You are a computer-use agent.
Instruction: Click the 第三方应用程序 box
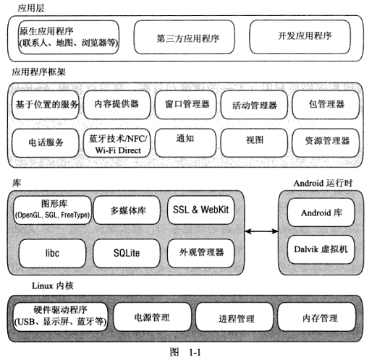184,37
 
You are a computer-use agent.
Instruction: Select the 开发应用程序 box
300,37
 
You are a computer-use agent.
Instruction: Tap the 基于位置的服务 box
46,105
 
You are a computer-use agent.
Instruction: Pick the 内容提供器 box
117,105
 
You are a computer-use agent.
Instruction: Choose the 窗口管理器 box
185,105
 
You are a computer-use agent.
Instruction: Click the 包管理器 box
326,105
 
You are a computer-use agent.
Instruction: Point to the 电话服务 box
46,143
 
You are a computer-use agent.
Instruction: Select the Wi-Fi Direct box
117,143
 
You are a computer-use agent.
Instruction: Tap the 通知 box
185,143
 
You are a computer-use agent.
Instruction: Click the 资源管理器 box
326,143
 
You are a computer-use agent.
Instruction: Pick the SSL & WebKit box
200,210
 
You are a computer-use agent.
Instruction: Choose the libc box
52,253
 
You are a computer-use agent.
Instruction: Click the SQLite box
127,253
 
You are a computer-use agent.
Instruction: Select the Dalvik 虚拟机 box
321,249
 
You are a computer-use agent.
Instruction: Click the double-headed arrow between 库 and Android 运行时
261,231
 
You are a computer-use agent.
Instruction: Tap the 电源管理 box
152,317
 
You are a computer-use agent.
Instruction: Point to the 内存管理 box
317,317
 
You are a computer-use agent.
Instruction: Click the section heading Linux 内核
53,286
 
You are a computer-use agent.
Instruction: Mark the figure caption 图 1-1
185,352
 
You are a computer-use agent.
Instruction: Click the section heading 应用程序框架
39,72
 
